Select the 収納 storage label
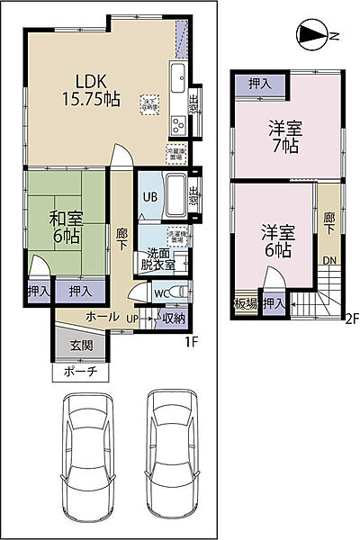(174, 317)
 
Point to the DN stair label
(331, 260)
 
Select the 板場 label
(246, 304)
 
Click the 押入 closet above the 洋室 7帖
(258, 83)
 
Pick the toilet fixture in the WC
(182, 292)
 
